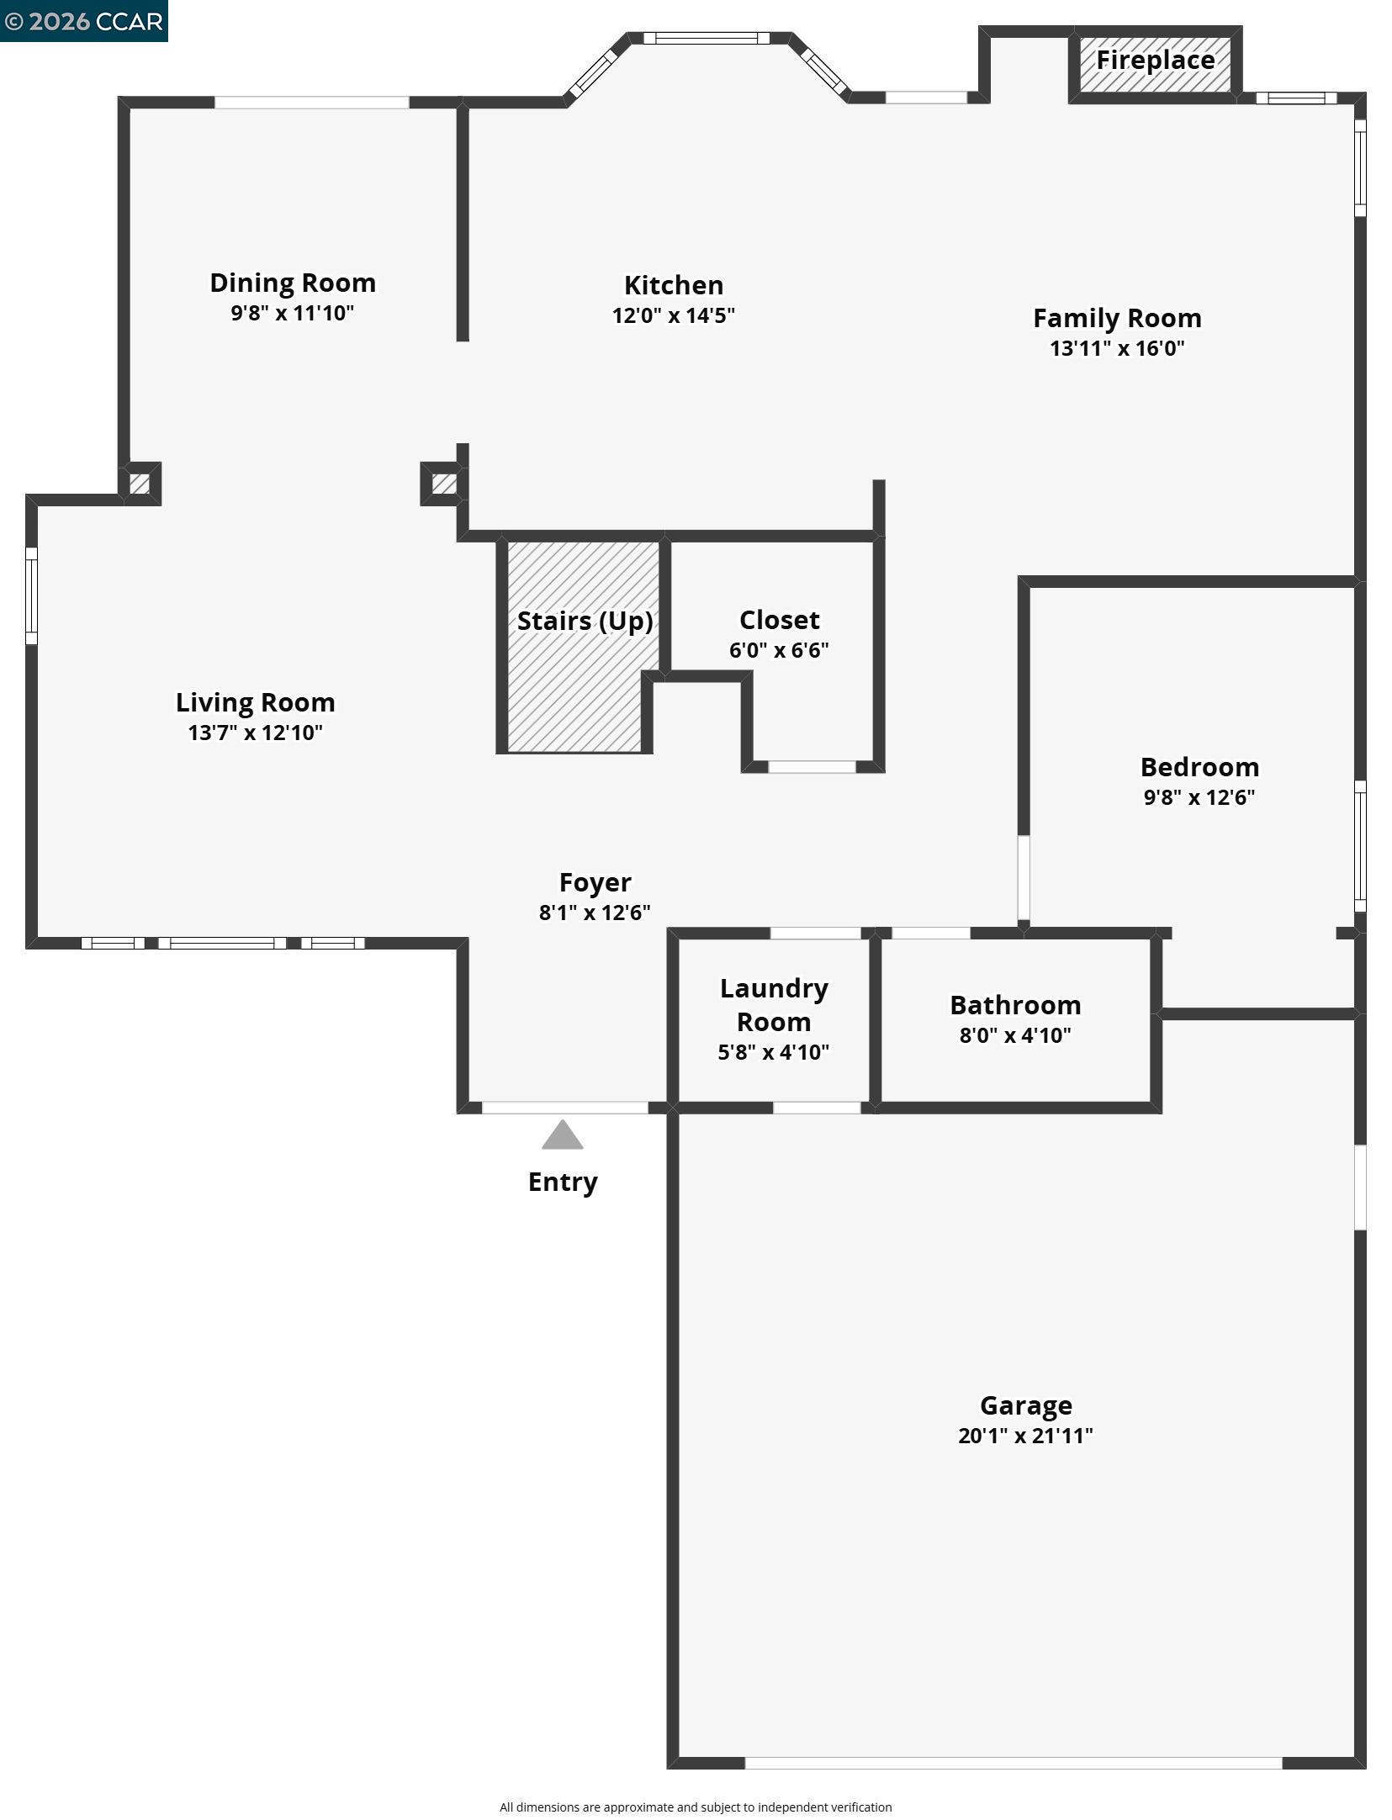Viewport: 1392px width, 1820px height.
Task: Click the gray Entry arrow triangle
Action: coord(562,1136)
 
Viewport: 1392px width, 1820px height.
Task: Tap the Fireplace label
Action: coord(1155,61)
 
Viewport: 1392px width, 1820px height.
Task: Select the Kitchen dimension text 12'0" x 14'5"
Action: coord(673,315)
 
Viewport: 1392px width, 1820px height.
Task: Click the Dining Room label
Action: coord(292,283)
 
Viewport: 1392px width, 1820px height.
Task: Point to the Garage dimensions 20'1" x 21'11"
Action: coord(1024,1436)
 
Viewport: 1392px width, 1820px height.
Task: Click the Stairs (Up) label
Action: coord(585,621)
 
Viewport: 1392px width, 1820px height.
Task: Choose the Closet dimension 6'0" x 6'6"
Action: coord(778,650)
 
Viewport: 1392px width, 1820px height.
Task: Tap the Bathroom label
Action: coord(1014,1005)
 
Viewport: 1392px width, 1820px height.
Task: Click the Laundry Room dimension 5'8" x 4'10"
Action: coord(773,1052)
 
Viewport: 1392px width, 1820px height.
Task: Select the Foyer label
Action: coord(595,882)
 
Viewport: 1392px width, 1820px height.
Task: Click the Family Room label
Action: coord(1116,318)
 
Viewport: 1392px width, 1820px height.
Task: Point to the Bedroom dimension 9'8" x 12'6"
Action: coord(1199,797)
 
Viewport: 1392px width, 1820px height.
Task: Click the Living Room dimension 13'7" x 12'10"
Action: coord(255,733)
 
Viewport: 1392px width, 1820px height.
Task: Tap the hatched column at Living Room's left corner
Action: coord(140,484)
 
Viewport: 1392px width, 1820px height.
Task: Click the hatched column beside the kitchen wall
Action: coord(444,484)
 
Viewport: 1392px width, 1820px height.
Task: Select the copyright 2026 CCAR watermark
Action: coord(83,21)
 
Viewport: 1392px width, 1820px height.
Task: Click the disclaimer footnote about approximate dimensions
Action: coord(696,1807)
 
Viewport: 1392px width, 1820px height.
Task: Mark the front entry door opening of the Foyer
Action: coord(564,1108)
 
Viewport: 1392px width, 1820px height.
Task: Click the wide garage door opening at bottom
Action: coord(1013,1763)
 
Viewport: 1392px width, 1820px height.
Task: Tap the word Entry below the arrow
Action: coord(562,1182)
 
